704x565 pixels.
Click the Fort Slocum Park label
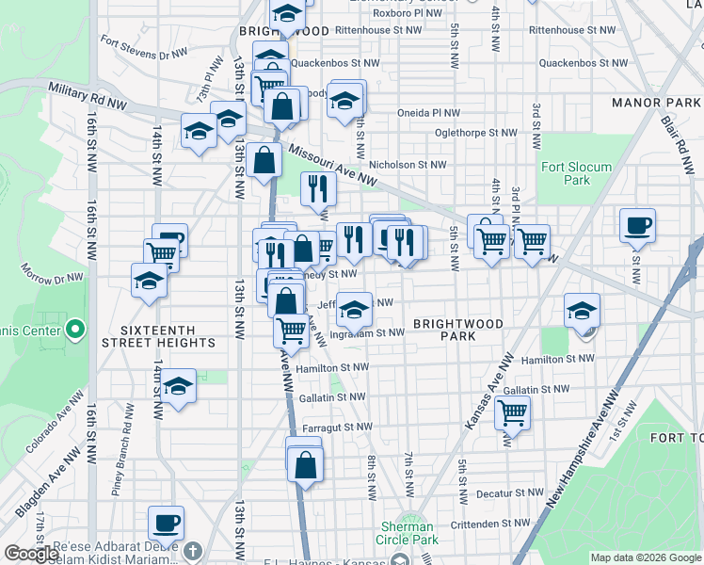576,173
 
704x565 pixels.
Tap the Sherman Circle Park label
408,533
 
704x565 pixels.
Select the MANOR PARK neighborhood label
655,102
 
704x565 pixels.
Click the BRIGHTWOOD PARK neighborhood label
458,330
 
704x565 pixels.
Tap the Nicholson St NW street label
407,165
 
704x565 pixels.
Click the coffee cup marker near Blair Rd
637,225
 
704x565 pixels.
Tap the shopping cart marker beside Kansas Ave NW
512,412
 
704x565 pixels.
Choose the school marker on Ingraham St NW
354,309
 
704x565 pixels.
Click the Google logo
32,554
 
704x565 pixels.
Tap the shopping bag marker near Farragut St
305,464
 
